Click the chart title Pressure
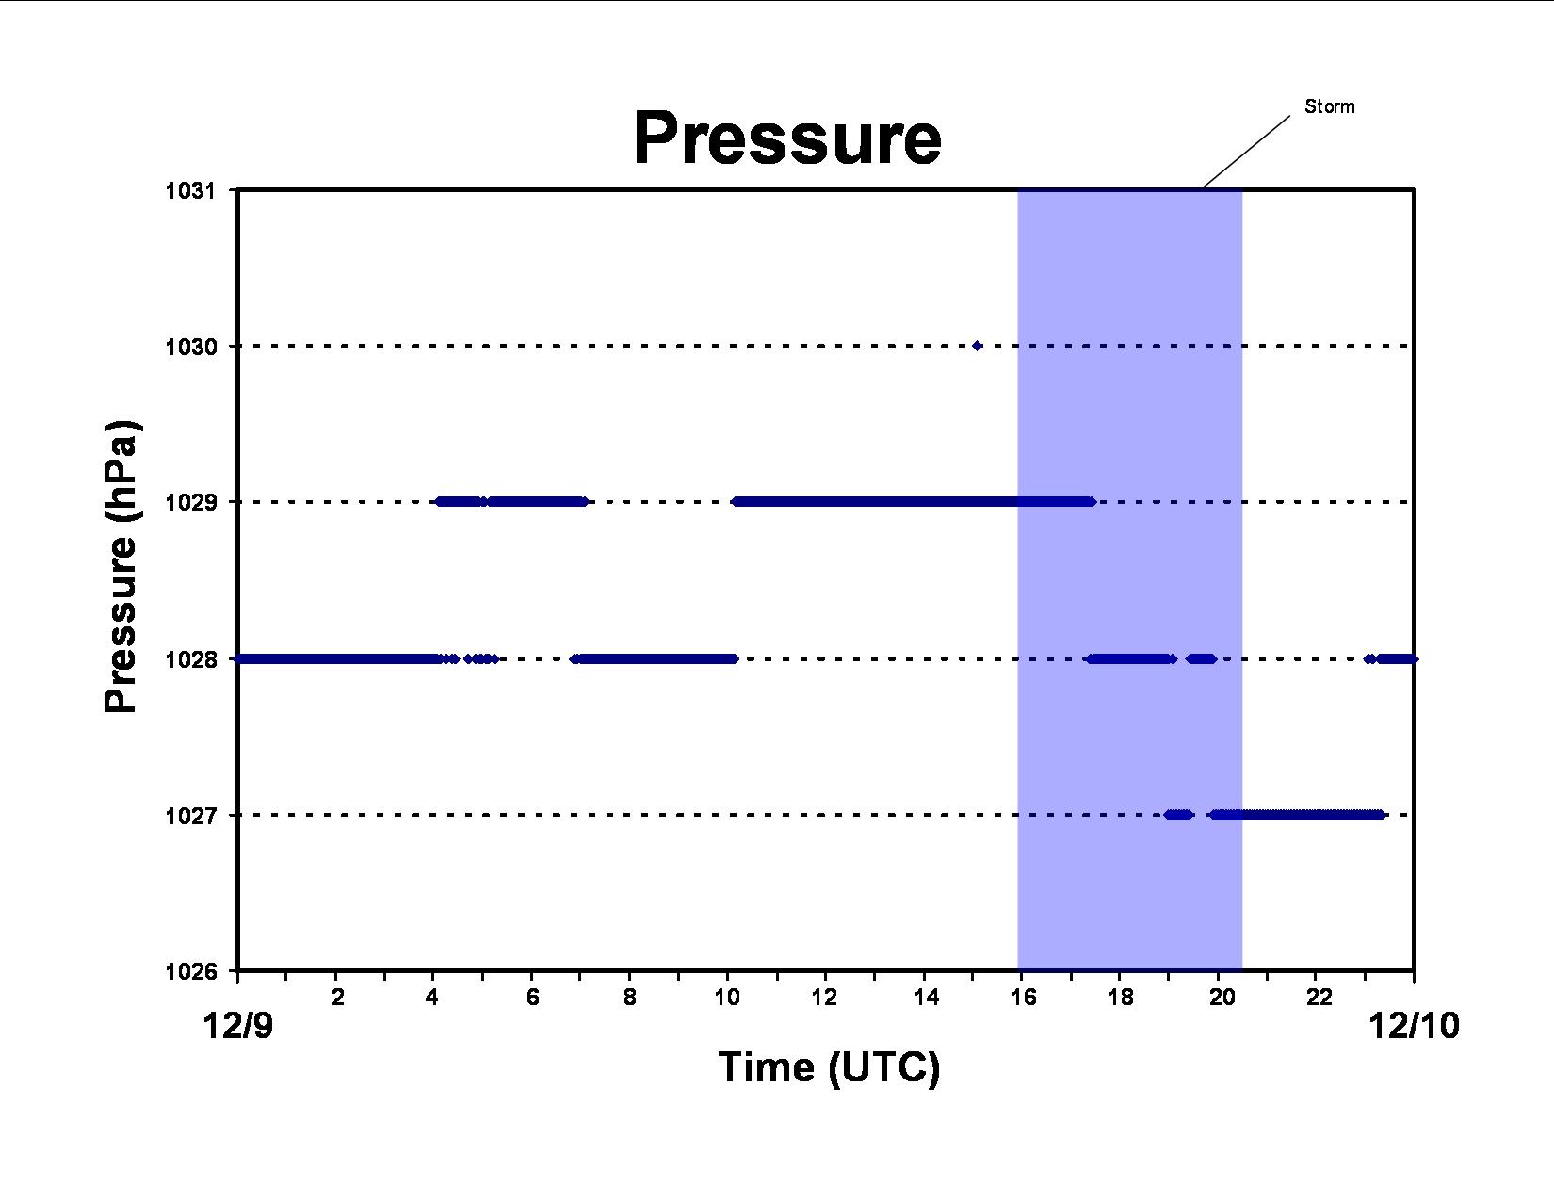787,138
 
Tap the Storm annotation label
1330,106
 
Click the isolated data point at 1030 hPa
977,347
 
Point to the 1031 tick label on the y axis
190,191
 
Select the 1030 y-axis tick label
190,347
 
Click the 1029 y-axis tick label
190,502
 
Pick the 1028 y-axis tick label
190,658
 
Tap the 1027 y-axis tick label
190,816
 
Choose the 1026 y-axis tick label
190,970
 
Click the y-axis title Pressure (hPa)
121,566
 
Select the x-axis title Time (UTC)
829,1068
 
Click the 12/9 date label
238,1026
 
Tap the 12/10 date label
1414,1026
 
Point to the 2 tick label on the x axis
337,997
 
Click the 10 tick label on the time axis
727,997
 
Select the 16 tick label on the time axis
1024,997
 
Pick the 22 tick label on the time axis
1319,997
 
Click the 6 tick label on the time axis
533,997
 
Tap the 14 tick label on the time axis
926,997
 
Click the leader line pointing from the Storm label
1247,151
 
